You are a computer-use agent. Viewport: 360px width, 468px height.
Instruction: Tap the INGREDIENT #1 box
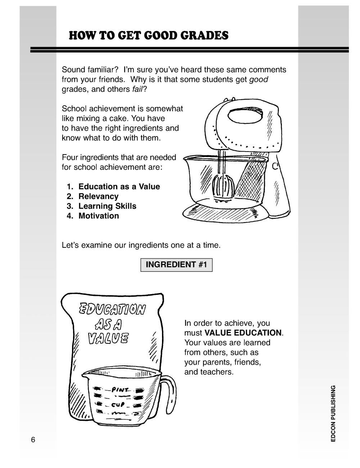pyautogui.click(x=176, y=265)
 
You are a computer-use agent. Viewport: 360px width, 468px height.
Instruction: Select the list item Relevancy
pyautogui.click(x=98, y=197)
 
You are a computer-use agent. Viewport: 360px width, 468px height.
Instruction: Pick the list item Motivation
pyautogui.click(x=99, y=216)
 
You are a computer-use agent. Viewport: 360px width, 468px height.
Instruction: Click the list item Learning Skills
pyautogui.click(x=107, y=206)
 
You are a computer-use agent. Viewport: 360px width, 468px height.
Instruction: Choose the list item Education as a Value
pyautogui.click(x=119, y=187)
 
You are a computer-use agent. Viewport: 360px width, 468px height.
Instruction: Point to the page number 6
pyautogui.click(x=33, y=440)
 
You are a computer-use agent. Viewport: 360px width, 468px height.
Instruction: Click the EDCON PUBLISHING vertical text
pyautogui.click(x=333, y=414)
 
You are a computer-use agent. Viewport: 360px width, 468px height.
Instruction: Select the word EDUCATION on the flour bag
pyautogui.click(x=112, y=309)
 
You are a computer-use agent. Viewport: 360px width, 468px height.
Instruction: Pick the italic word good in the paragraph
pyautogui.click(x=258, y=80)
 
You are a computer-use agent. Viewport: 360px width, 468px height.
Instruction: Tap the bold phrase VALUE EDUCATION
pyautogui.click(x=243, y=333)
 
